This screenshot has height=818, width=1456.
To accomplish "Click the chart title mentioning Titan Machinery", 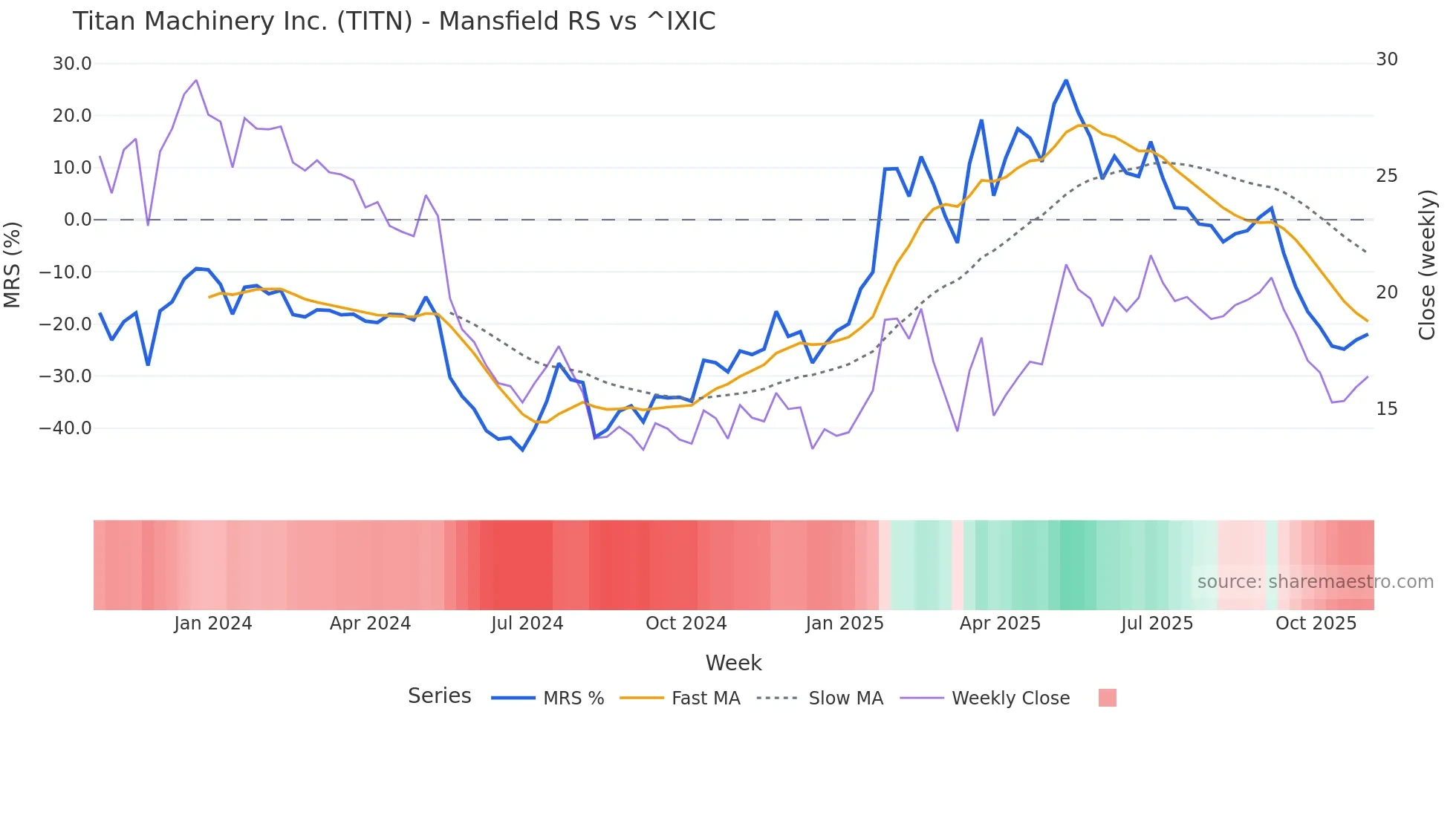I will (394, 22).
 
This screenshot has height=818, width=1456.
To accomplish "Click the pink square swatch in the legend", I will (1107, 698).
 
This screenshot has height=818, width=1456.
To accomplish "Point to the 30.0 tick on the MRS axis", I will (72, 64).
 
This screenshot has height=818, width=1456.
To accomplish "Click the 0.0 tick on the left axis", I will (77, 220).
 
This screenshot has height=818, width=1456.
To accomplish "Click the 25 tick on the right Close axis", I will (1386, 176).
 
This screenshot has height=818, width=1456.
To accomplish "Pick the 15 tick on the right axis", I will (1386, 409).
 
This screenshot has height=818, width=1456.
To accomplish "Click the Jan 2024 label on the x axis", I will (213, 624).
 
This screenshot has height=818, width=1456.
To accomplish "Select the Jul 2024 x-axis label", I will (527, 624).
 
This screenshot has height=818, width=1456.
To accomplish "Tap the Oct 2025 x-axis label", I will (1316, 624).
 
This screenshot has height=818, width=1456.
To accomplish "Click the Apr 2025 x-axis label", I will (1000, 624).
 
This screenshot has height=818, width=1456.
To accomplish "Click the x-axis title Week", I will (733, 663).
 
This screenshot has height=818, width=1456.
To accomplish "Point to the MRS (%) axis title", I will (13, 264).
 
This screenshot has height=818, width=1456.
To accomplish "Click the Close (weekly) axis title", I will (1426, 265).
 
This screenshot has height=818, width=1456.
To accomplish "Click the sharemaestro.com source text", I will (1315, 582).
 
